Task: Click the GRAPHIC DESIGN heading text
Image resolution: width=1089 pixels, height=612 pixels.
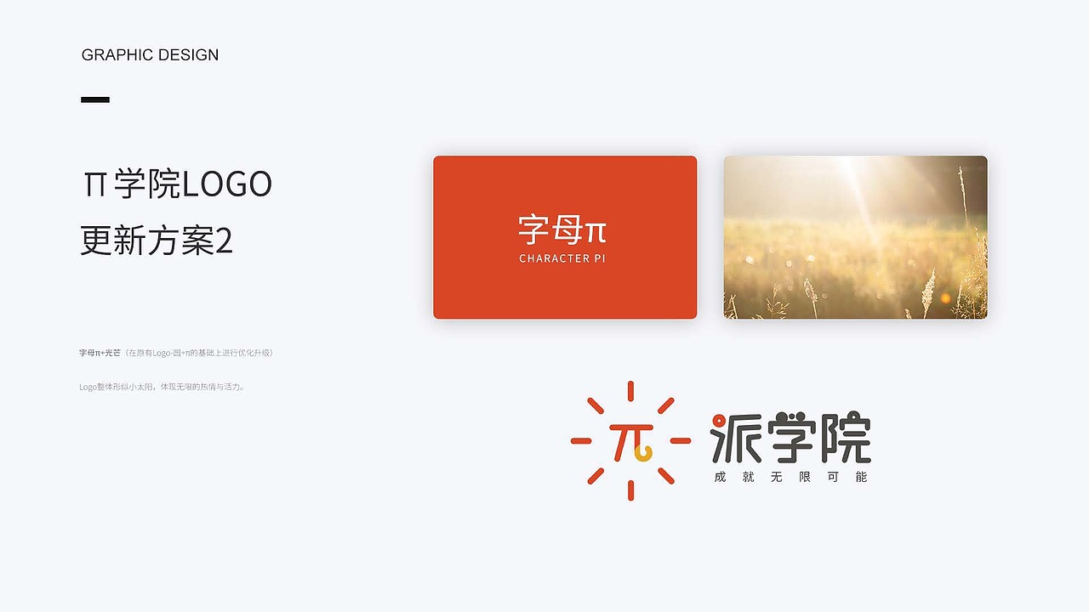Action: [150, 55]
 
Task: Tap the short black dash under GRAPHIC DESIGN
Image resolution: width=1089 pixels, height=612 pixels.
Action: [95, 99]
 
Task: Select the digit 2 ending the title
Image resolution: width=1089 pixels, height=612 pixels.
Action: [224, 241]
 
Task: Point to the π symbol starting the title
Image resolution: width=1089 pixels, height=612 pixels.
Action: [94, 184]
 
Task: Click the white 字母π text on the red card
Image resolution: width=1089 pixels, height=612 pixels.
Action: [562, 230]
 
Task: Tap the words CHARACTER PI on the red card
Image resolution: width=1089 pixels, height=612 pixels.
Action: [562, 258]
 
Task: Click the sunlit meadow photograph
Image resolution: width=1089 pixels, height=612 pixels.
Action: [855, 237]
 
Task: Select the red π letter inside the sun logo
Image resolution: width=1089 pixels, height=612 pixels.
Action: [630, 439]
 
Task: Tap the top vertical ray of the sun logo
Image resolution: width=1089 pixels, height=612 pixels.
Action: [630, 391]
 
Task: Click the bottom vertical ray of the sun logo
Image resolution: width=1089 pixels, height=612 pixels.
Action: [630, 490]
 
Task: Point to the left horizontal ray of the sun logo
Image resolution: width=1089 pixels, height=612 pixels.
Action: [580, 440]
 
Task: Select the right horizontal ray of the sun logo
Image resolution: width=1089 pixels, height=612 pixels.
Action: [681, 440]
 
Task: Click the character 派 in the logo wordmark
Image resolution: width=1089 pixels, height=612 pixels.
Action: [736, 438]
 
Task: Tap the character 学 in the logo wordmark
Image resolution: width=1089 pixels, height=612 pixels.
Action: [791, 438]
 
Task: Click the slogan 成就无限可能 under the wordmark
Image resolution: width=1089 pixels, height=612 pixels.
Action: [790, 477]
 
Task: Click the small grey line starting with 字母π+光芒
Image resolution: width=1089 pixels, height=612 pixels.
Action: [176, 353]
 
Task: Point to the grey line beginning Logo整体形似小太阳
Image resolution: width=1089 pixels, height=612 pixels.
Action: [162, 387]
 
